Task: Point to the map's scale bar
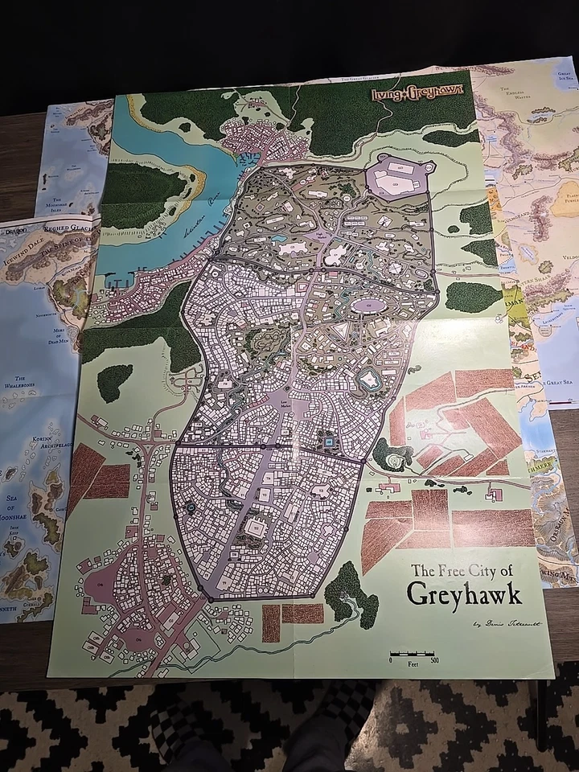pyautogui.click(x=413, y=655)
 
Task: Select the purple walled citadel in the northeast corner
pyautogui.click(x=399, y=178)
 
